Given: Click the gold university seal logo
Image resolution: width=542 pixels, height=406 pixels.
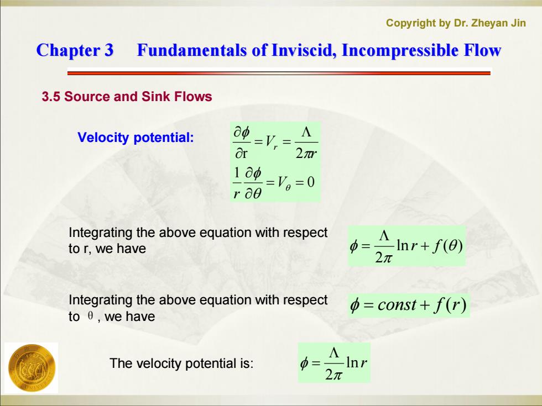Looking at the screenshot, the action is click(31, 368).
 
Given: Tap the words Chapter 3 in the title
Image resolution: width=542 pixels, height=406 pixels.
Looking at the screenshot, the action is click(75, 50).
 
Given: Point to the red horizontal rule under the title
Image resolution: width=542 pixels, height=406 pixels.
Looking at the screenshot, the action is click(279, 73).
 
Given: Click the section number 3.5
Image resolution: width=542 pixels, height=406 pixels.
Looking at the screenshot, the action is click(51, 96).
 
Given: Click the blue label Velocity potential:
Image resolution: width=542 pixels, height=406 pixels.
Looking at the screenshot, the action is click(135, 138).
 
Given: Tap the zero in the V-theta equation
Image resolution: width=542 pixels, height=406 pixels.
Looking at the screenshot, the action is click(310, 182).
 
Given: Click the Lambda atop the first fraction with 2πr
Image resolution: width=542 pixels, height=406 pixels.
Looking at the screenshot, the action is click(306, 132).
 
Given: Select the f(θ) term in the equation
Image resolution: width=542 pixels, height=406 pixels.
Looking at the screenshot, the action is click(447, 246).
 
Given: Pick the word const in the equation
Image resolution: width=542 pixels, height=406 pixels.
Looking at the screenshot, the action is click(397, 305).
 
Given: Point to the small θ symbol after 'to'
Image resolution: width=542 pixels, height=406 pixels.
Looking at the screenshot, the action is click(90, 316).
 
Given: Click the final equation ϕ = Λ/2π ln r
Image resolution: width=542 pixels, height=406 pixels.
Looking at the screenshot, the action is click(334, 362).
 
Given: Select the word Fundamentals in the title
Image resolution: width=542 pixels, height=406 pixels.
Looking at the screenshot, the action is click(191, 50).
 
